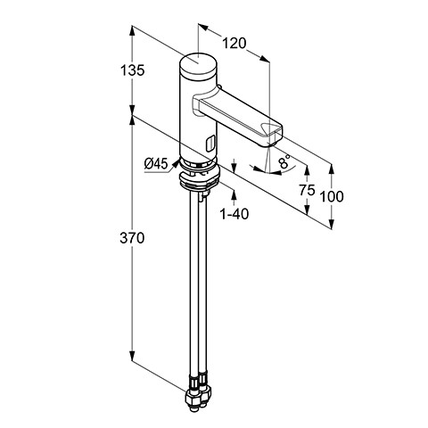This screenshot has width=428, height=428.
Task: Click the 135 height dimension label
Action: pyautogui.click(x=132, y=70)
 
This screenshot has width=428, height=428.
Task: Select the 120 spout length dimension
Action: pyautogui.click(x=235, y=44)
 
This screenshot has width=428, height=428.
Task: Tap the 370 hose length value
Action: pyautogui.click(x=132, y=238)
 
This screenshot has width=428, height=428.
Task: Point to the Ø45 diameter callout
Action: pyautogui.click(x=156, y=164)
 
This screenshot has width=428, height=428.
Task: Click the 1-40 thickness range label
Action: pyautogui.click(x=235, y=214)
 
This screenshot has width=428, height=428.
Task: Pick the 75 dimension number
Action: pyautogui.click(x=307, y=190)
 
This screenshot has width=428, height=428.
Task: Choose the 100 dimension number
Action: pyautogui.click(x=332, y=196)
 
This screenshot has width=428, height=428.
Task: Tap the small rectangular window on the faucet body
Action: pyautogui.click(x=210, y=143)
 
